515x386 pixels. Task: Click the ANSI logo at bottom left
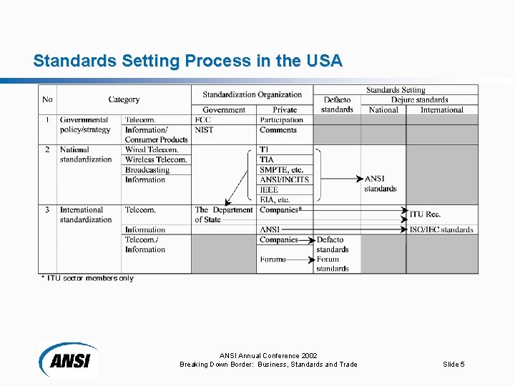69,358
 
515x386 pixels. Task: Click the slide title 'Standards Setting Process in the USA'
187,61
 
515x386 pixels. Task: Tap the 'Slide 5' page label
453,365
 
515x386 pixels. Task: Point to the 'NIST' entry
204,130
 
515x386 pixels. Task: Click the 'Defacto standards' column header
337,104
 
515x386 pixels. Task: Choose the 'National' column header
383,110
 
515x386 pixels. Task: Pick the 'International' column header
442,110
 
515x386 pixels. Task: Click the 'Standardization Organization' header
252,94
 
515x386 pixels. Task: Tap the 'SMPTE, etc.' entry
281,169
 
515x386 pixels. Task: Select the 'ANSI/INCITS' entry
284,179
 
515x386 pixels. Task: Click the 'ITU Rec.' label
425,214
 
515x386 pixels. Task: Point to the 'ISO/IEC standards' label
441,229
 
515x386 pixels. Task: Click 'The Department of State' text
223,214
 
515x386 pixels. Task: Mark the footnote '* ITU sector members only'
87,278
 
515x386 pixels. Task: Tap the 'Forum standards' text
332,264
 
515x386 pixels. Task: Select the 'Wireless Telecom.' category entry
156,159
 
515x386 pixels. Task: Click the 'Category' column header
124,99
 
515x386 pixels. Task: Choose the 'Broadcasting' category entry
147,169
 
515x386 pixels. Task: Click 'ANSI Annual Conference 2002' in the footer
268,355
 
